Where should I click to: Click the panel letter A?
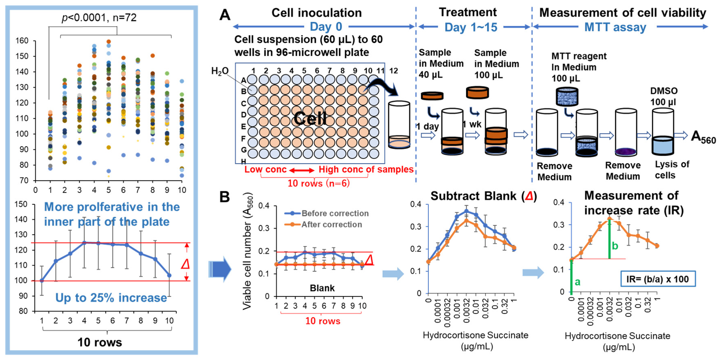(225, 15)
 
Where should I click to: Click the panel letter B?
(225, 197)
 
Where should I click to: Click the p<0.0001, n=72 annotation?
(99, 18)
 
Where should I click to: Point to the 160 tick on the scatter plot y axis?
(22, 41)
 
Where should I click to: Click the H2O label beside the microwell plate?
(220, 71)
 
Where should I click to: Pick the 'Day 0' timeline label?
(326, 27)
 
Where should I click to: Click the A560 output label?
(703, 137)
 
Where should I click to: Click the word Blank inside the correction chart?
(322, 288)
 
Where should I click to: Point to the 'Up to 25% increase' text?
(111, 298)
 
